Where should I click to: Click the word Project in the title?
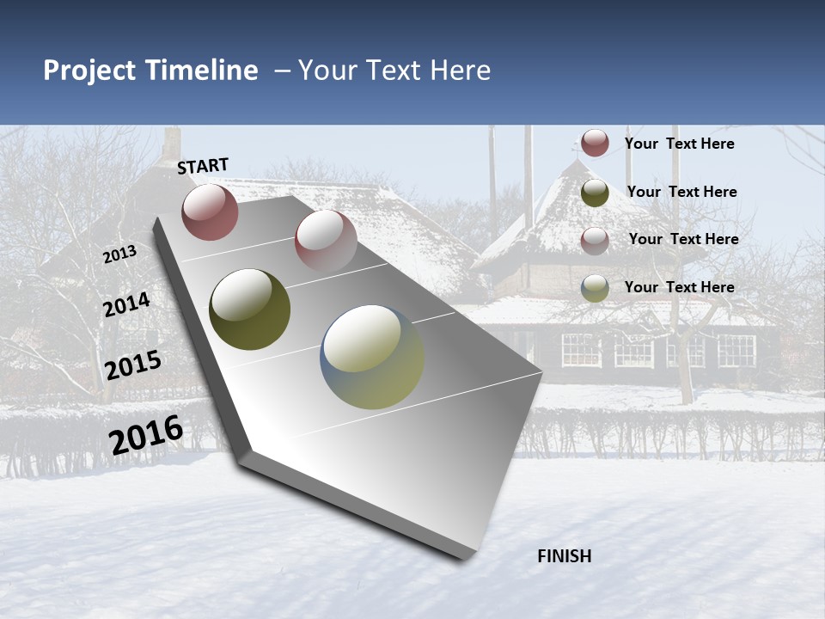(90, 70)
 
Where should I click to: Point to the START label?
(203, 167)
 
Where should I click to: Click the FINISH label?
(565, 556)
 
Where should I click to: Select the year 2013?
(120, 254)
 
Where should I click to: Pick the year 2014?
(127, 305)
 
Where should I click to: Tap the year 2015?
(133, 365)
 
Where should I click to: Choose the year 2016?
(146, 435)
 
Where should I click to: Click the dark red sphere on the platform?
(210, 212)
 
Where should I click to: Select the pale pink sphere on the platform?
(326, 240)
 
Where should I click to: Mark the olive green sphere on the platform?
(249, 309)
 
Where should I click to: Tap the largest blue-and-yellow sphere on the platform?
(372, 357)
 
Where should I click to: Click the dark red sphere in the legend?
(595, 143)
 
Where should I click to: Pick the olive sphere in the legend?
(595, 193)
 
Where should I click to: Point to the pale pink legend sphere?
(595, 240)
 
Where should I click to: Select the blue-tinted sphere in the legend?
(595, 288)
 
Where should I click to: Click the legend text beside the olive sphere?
(681, 192)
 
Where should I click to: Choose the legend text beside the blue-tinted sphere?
(679, 287)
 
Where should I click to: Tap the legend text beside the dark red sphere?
(679, 144)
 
